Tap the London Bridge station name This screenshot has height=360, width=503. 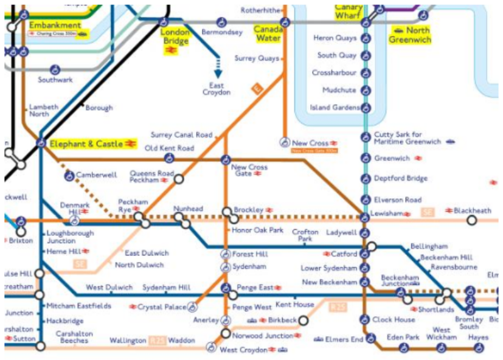click(x=175, y=35)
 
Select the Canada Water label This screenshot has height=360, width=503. click(x=268, y=33)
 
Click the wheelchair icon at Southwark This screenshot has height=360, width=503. click(x=55, y=69)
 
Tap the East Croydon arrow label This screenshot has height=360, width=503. click(x=217, y=89)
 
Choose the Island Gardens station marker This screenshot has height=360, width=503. click(x=366, y=108)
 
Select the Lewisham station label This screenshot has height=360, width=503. click(x=387, y=213)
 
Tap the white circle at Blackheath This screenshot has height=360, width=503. click(x=471, y=220)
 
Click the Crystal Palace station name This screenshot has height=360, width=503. click(x=161, y=306)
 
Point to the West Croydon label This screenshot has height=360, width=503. click(x=243, y=350)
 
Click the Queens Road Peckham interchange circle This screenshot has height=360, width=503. click(x=178, y=179)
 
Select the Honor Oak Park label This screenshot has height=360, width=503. click(x=257, y=230)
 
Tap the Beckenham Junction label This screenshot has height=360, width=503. click(x=400, y=280)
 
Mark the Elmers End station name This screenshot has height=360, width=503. click(x=345, y=339)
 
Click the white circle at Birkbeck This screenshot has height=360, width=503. click(x=303, y=320)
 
